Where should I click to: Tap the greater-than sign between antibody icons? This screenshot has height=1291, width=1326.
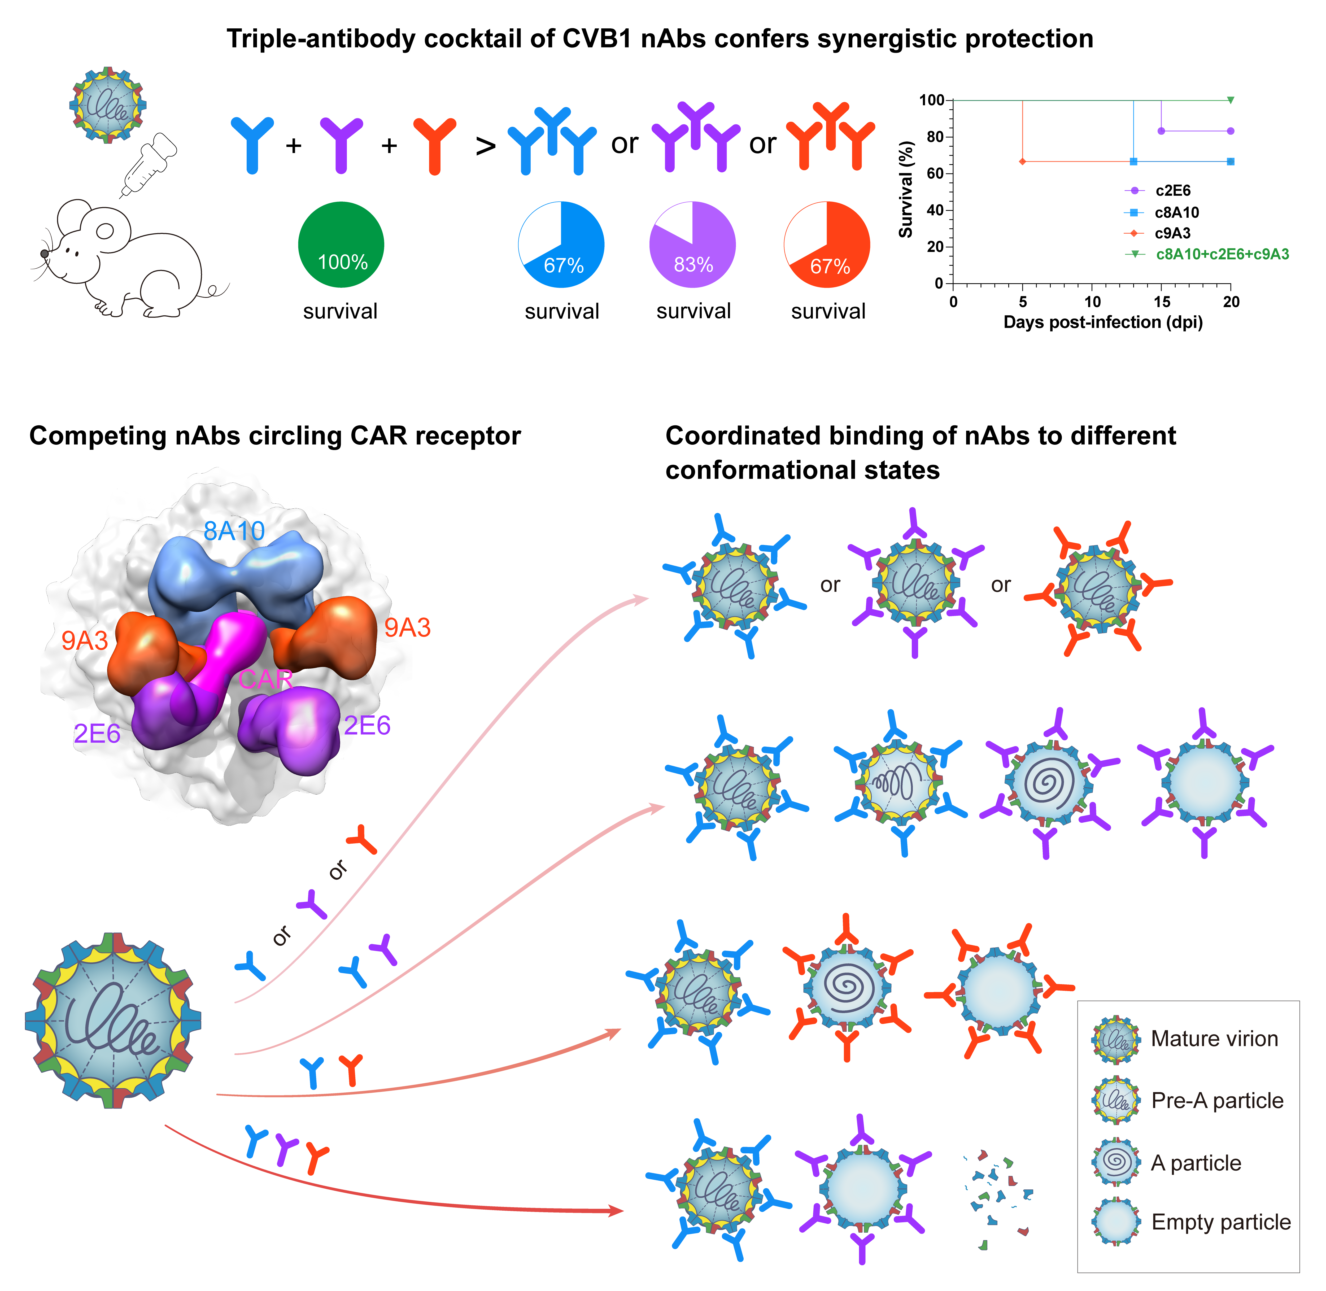(485, 146)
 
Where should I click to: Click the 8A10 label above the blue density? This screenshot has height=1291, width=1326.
(234, 531)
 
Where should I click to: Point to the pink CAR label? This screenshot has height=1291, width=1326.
(266, 679)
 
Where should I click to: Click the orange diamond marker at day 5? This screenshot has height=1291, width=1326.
(1022, 161)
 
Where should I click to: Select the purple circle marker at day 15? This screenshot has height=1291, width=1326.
(1161, 131)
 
